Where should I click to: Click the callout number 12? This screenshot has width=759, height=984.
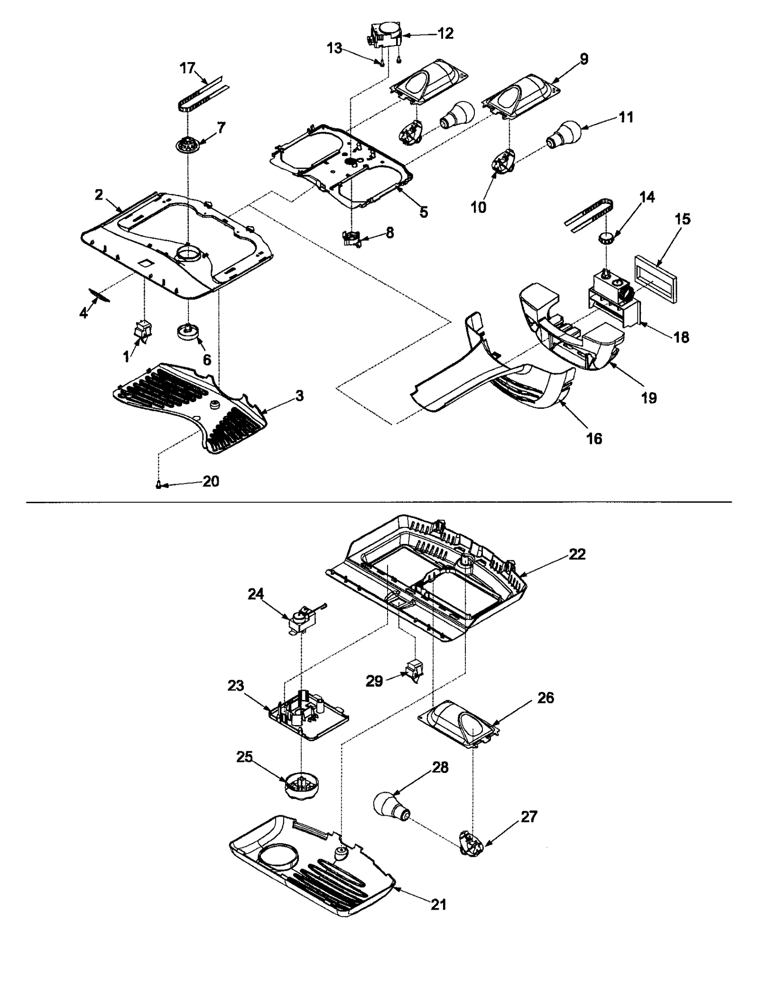pyautogui.click(x=446, y=33)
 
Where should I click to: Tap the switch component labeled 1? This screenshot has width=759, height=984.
pyautogui.click(x=142, y=330)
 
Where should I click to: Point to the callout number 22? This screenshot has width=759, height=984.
pyautogui.click(x=577, y=554)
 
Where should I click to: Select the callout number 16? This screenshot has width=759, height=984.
pyautogui.click(x=594, y=439)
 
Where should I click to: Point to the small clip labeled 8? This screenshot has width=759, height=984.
pyautogui.click(x=351, y=238)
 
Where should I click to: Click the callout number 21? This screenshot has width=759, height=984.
pyautogui.click(x=438, y=905)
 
